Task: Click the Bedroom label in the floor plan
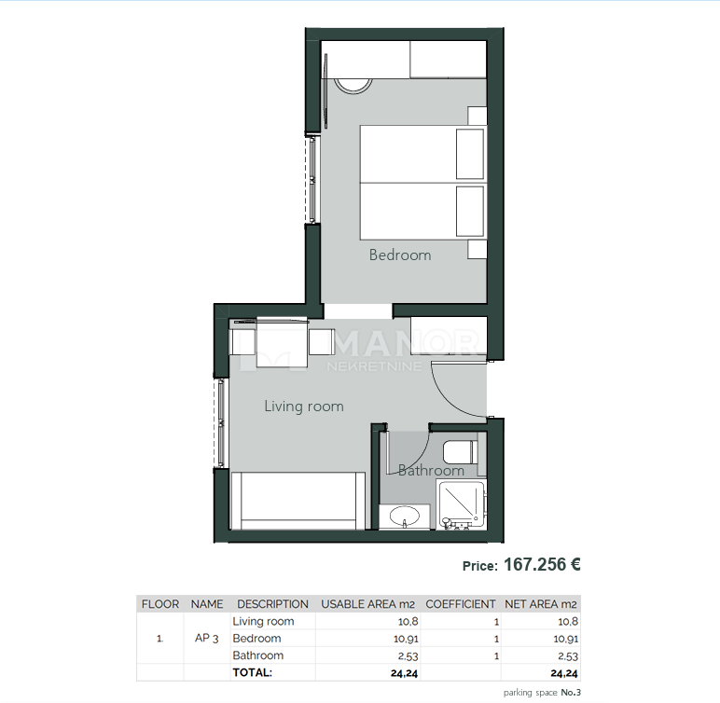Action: pos(400,255)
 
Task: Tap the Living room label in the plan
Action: pos(303,407)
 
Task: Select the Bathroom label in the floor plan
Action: pos(431,471)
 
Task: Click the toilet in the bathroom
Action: pos(461,452)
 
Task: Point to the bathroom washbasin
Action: pos(406,516)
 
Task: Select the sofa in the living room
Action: pos(298,499)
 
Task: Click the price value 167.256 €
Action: pos(542,564)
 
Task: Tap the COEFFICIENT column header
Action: pos(460,604)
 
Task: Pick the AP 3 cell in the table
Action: pos(207,639)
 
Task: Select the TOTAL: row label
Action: pos(252,672)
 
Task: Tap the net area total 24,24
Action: pos(563,672)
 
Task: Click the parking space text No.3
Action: pos(571,693)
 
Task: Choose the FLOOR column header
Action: pos(160,604)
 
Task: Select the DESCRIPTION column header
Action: pos(272,604)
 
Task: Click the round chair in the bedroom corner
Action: pos(353,84)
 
